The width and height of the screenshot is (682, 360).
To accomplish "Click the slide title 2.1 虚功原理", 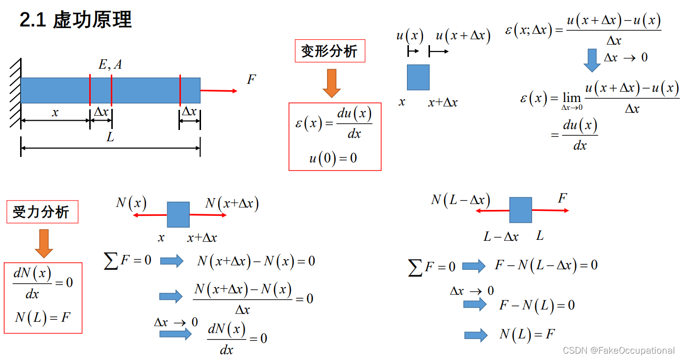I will coord(76,21).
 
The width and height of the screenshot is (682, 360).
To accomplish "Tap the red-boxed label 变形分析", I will coord(329,51).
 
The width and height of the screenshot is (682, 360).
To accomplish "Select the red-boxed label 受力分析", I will coord(42,212).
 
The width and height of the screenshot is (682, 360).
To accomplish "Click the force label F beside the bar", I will coord(251,79).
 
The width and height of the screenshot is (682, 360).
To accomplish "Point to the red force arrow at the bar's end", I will coord(219,91).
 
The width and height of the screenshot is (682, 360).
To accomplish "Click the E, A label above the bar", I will coord(110,64).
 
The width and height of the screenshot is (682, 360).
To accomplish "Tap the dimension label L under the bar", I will coord(110,138).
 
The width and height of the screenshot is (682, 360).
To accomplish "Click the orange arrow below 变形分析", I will coord(331,83).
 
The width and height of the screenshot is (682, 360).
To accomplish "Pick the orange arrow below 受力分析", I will coord(44,243).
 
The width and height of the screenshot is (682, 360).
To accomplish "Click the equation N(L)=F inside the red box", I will coord(43,317).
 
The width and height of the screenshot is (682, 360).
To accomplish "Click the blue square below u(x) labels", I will coord(418,77).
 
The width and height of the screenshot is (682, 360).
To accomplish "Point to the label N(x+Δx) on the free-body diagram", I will coord(231,204).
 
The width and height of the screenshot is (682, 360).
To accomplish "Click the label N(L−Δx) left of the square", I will coord(460,200).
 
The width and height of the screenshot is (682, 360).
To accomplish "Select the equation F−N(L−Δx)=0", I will coord(546,265).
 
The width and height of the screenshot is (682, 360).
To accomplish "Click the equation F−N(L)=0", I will coord(536,306).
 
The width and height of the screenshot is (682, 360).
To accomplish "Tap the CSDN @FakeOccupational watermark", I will coord(618,350).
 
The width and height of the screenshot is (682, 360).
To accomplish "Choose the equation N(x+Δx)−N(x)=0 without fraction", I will coord(256,261).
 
